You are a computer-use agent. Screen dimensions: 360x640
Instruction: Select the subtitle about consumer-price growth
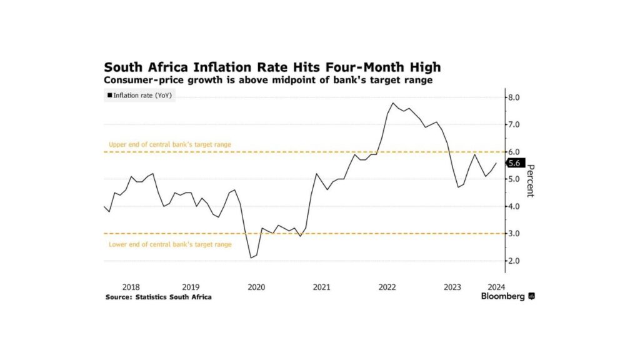268,81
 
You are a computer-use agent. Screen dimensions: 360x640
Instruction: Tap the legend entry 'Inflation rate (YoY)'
140,96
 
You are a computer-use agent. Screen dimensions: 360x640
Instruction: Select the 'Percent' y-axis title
530,180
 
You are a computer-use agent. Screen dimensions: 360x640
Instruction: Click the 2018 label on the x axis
131,287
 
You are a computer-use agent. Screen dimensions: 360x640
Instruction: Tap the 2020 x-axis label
256,287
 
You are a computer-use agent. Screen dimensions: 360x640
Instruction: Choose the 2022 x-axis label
387,287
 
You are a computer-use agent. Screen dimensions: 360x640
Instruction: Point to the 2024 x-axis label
496,287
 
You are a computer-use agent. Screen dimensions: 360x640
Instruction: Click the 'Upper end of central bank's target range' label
170,144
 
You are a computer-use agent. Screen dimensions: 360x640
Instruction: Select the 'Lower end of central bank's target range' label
170,244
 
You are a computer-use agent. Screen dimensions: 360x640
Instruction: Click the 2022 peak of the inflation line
392,103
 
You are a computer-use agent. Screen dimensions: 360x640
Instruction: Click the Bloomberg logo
507,297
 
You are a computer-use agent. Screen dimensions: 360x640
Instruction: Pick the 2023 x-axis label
452,287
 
